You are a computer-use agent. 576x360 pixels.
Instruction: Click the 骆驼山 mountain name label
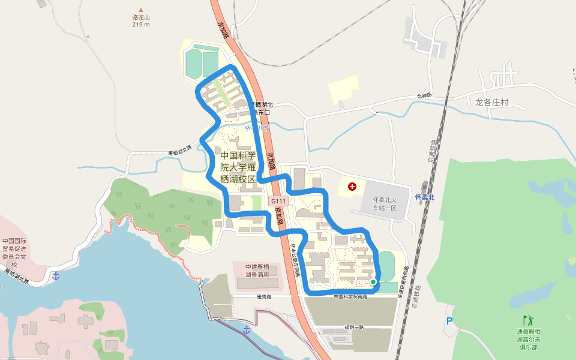141,17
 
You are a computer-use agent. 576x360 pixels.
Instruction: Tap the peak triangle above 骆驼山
141,10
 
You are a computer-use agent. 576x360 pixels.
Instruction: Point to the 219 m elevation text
141,25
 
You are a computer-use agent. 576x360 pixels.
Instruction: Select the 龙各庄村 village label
491,102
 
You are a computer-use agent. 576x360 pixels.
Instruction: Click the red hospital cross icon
352,187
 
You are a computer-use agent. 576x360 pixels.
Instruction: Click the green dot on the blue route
373,281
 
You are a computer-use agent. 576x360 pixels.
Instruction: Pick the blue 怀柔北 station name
424,197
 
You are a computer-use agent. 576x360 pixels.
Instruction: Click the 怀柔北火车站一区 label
385,203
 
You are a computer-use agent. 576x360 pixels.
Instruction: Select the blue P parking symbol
449,322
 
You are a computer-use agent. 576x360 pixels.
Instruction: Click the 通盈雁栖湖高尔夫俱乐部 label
529,339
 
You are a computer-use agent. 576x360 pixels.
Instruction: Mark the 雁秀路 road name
264,296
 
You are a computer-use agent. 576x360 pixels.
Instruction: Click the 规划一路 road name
354,327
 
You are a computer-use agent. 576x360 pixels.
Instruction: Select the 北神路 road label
424,96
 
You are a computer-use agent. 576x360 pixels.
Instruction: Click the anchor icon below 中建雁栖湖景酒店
247,329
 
